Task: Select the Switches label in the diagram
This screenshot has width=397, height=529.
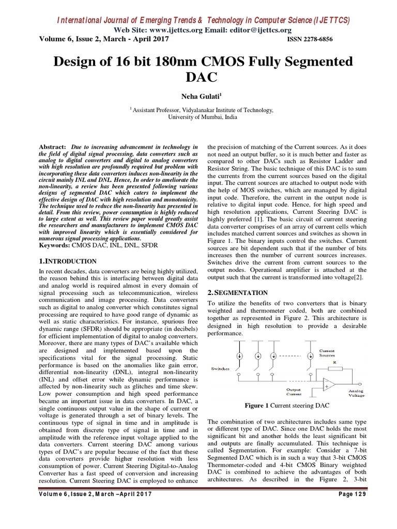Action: tap(221, 368)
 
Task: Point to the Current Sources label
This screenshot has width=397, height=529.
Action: tap(327, 353)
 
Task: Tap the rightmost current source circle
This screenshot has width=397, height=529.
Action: tap(310, 356)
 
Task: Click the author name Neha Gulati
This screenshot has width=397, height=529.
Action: tap(198, 96)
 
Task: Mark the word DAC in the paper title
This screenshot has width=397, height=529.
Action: tap(198, 78)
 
